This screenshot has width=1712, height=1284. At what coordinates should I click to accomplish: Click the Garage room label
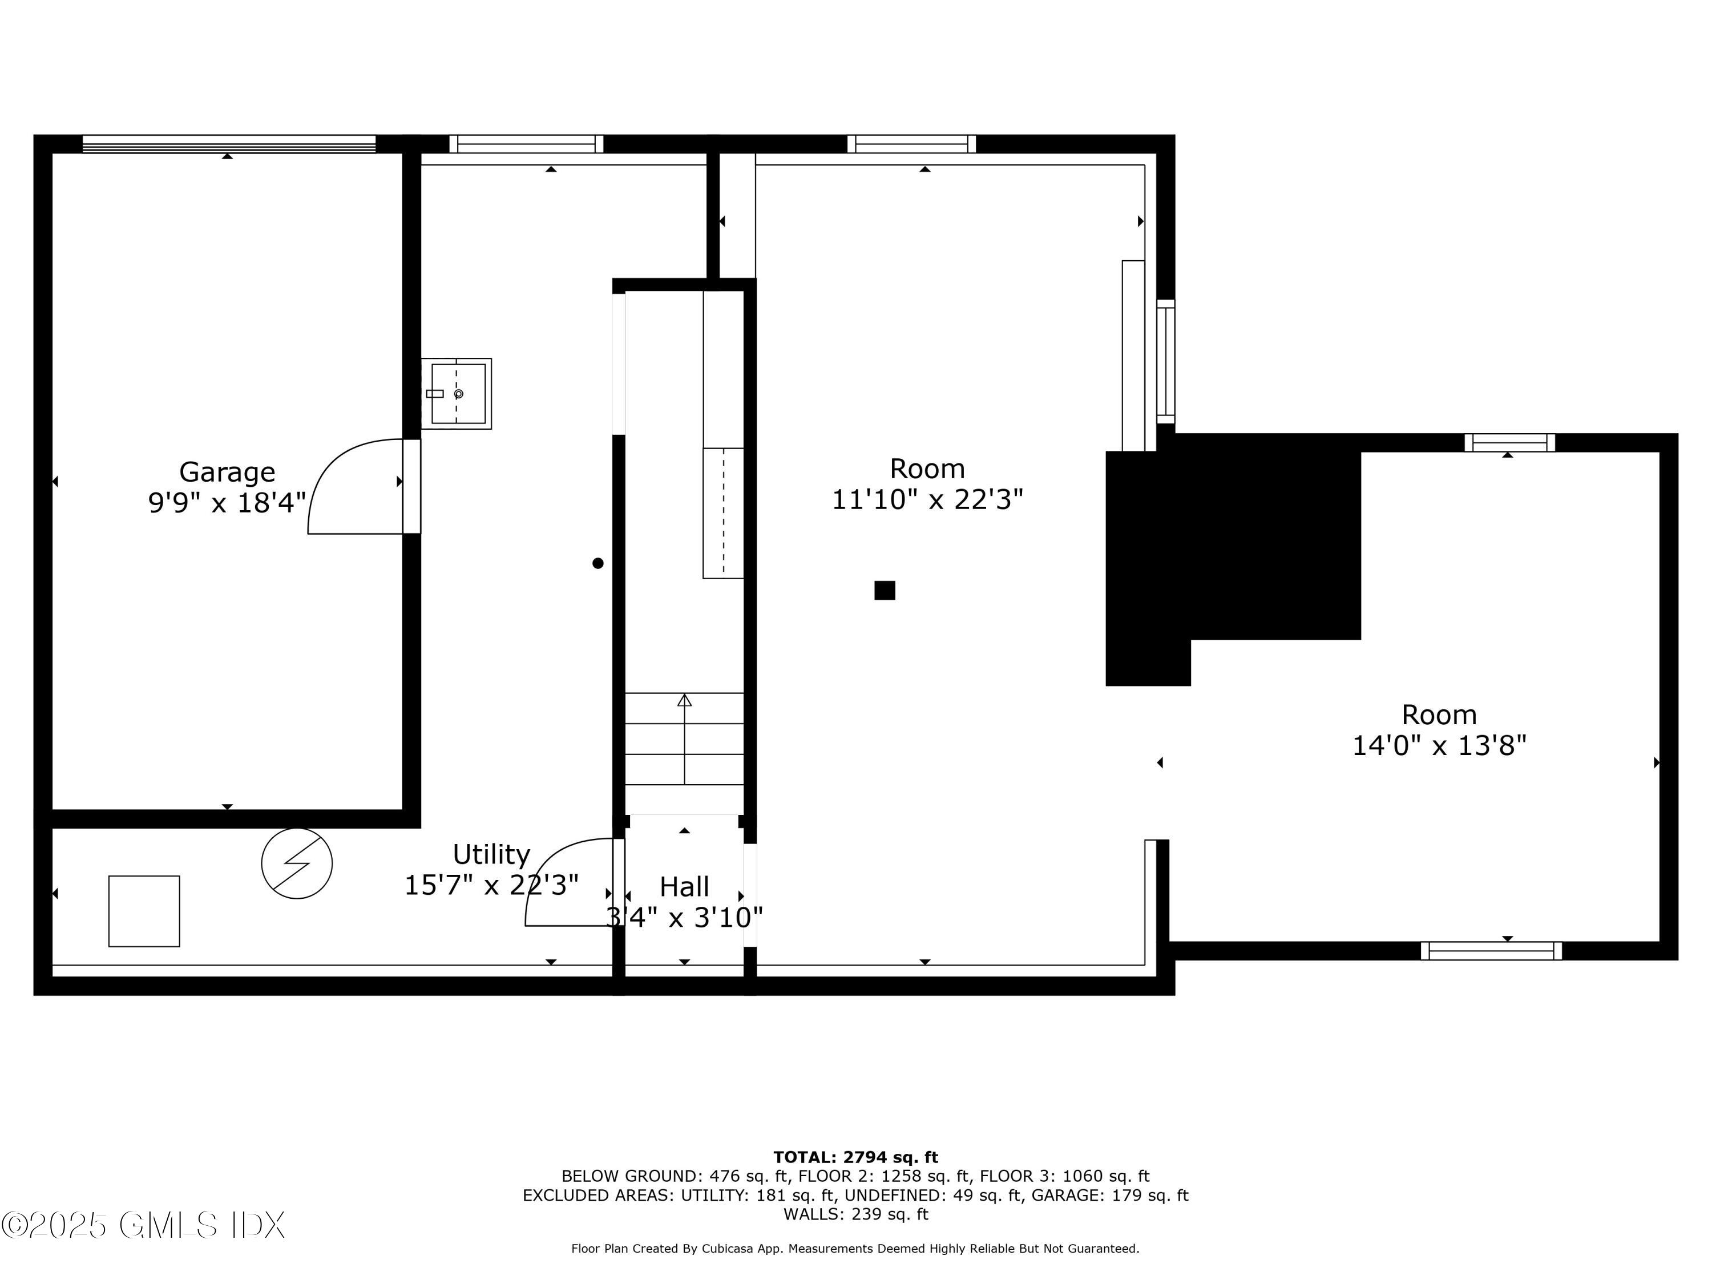coord(227,471)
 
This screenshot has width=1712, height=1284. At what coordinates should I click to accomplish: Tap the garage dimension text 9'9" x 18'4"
coord(227,503)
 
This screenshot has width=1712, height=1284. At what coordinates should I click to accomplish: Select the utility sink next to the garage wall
coord(457,393)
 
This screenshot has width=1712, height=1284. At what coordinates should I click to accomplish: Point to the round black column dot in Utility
coord(597,563)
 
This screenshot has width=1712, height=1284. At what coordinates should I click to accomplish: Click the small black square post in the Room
coord(885,591)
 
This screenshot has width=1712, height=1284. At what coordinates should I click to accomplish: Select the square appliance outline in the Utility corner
coord(144,911)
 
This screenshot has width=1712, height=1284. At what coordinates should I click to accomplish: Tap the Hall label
coord(684,886)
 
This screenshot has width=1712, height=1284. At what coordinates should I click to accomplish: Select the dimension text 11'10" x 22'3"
coord(927,500)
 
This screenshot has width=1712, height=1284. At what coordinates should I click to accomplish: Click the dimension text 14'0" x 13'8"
coord(1439,746)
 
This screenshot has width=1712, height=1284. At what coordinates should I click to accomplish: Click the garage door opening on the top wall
coord(228,144)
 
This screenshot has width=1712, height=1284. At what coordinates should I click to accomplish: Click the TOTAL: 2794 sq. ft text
coord(855,1157)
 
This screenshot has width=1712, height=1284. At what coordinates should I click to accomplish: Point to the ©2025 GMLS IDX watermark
coord(143,1225)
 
